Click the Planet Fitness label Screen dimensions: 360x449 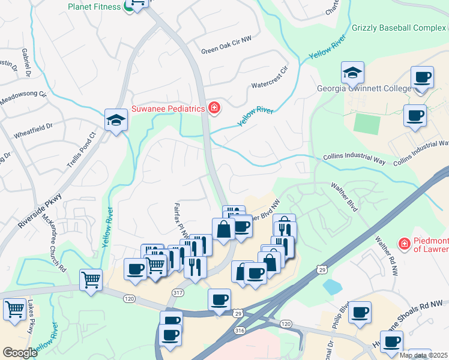[94, 7]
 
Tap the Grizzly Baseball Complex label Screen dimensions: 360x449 [399, 28]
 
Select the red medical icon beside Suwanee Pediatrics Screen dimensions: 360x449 [214, 108]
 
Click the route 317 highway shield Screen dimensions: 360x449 [178, 293]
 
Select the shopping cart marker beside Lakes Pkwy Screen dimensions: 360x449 [15, 310]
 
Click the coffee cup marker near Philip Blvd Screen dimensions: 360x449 [360, 312]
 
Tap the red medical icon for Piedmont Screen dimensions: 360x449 [405, 244]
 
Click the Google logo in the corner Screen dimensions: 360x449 [20, 353]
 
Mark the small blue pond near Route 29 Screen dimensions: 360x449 [332, 287]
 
